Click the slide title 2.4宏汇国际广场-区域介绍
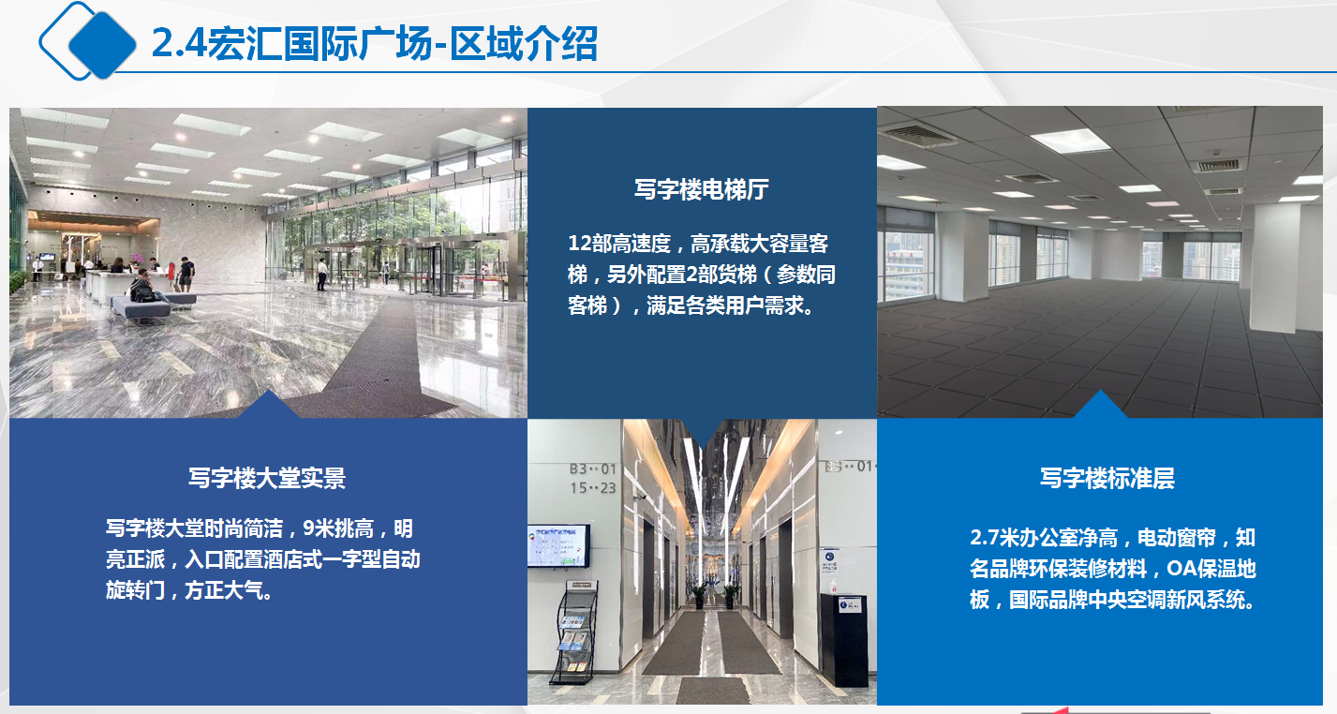pyautogui.click(x=374, y=44)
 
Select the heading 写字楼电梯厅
pyautogui.click(x=702, y=189)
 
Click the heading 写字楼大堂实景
pyautogui.click(x=267, y=478)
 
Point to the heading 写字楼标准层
pyautogui.click(x=1107, y=478)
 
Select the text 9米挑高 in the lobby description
pyautogui.click(x=338, y=528)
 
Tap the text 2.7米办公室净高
pyautogui.click(x=1044, y=537)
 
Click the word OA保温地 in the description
pyautogui.click(x=1211, y=569)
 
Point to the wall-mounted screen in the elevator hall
pyautogui.click(x=558, y=546)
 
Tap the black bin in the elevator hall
pyautogui.click(x=843, y=640)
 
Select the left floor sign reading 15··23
pyautogui.click(x=593, y=488)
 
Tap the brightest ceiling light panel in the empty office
pyautogui.click(x=1072, y=141)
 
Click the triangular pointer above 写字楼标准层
pyautogui.click(x=1099, y=406)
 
